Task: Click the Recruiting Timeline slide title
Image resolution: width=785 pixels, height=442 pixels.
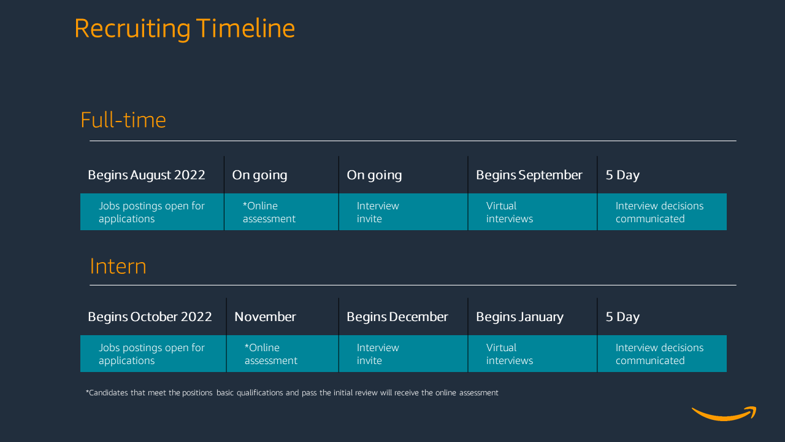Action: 184,29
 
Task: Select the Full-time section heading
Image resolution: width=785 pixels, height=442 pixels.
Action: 123,120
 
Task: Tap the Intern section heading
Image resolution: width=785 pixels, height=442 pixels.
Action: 118,266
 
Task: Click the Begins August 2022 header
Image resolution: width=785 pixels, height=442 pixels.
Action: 147,175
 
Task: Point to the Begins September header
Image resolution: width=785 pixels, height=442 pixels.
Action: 529,175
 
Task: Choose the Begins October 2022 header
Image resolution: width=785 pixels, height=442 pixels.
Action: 150,317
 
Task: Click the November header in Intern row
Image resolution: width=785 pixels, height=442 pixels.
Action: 265,317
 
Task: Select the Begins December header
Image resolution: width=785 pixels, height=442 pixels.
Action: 397,317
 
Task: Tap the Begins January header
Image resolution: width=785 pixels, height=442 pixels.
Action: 519,317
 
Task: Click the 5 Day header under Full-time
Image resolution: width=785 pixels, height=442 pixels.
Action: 622,175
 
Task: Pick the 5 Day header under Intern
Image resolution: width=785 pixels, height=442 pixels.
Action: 622,317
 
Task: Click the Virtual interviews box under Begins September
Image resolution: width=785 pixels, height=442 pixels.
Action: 532,212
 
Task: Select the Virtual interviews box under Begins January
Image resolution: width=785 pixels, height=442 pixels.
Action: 532,354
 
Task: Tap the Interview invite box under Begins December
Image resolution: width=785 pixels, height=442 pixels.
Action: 403,354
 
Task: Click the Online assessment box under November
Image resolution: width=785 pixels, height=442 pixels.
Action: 282,354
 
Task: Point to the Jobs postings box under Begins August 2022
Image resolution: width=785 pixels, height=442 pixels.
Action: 151,212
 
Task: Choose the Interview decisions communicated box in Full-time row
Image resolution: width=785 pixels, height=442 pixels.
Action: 662,212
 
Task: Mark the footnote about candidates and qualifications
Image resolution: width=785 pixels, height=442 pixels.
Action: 292,393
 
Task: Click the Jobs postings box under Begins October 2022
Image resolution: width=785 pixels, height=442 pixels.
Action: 153,354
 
